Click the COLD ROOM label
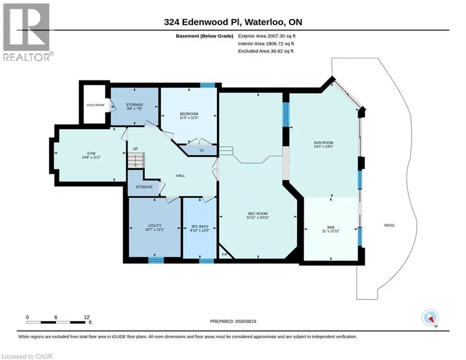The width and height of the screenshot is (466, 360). (96, 105)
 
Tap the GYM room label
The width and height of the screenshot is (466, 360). (91, 154)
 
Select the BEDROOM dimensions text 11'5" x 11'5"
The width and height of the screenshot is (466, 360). (189, 118)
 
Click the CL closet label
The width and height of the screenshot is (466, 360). (202, 150)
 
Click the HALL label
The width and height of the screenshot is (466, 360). (180, 175)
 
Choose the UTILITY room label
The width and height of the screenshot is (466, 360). (155, 225)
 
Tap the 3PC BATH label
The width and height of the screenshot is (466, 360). (200, 226)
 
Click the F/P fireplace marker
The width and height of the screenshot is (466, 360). (225, 255)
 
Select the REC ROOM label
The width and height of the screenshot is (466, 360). (258, 213)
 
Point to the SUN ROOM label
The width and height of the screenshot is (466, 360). (323, 142)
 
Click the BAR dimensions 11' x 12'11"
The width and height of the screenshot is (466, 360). (331, 231)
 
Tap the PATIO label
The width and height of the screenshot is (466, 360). (389, 225)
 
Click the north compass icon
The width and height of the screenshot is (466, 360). (430, 318)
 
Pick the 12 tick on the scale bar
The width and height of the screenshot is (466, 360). (87, 317)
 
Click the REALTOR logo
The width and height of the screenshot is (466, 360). (27, 32)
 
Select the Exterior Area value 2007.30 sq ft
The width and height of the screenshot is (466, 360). (281, 36)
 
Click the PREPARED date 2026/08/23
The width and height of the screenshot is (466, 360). (245, 321)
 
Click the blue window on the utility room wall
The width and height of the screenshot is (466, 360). (156, 260)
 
